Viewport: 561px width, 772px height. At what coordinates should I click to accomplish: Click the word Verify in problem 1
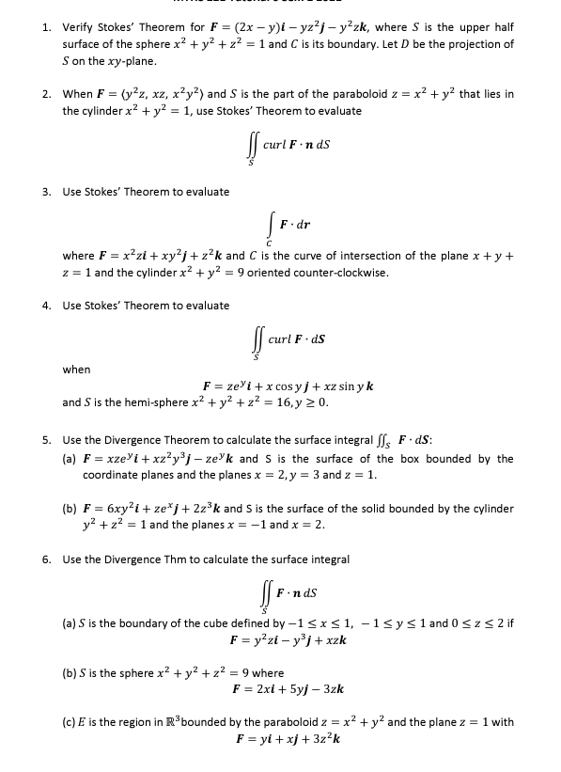pyautogui.click(x=78, y=26)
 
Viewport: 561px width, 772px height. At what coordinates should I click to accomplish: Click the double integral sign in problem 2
pyautogui.click(x=251, y=149)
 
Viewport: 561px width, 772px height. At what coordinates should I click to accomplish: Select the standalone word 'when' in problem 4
pyautogui.click(x=77, y=370)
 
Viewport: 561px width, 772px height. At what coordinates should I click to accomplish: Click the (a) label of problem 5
pyautogui.click(x=69, y=459)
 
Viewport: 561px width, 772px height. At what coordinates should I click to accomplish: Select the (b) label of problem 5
pyautogui.click(x=69, y=509)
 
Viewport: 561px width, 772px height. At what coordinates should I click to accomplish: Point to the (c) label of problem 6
pyautogui.click(x=68, y=722)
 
